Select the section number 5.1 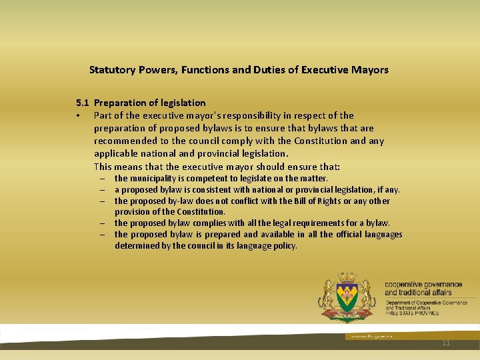83,103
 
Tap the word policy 283,245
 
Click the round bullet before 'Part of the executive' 78,116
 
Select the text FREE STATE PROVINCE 412,313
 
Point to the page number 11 446,343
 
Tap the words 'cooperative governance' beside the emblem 423,285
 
